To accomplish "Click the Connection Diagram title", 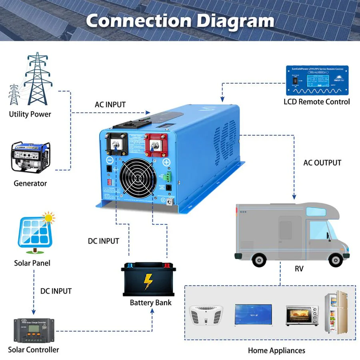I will tap(180, 21).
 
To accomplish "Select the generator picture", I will tap(30, 156).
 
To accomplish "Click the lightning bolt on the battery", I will tap(148, 282).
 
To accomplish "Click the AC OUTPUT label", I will tap(322, 163).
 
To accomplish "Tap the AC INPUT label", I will tap(110, 105).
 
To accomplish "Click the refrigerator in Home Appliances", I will tap(336, 312).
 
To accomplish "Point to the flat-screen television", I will tap(253, 314).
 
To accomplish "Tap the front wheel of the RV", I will tap(332, 260).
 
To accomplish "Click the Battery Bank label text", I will tap(150, 302).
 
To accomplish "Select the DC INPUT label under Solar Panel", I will tap(56, 291).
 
